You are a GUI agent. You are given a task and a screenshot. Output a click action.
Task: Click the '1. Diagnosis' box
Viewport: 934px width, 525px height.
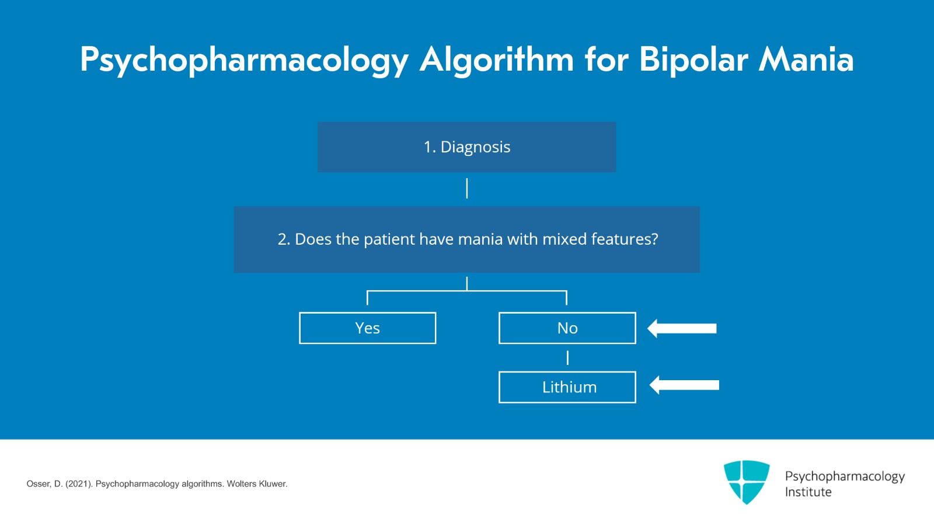click(x=466, y=147)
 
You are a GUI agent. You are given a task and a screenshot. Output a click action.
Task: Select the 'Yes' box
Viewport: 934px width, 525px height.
click(x=367, y=328)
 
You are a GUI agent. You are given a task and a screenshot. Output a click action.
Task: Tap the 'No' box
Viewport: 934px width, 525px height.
click(x=567, y=328)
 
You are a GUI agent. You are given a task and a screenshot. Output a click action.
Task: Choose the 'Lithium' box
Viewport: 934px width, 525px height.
click(x=567, y=387)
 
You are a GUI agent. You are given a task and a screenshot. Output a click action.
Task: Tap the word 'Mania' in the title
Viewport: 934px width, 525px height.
click(x=806, y=60)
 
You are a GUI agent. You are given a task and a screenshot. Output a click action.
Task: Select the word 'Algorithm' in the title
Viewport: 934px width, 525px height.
click(x=497, y=60)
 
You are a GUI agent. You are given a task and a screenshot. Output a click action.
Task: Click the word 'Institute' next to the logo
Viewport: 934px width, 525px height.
click(x=808, y=492)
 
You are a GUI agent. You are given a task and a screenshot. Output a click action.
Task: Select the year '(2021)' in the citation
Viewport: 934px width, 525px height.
click(x=79, y=484)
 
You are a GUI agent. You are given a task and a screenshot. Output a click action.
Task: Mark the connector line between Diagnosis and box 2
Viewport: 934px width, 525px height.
click(x=467, y=189)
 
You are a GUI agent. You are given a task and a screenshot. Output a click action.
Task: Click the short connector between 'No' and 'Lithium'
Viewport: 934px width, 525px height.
click(x=567, y=357)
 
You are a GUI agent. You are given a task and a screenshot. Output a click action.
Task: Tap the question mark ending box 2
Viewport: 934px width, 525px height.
click(x=654, y=239)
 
